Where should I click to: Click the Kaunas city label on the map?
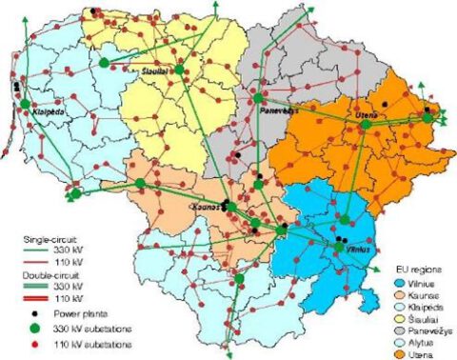coord(204,205)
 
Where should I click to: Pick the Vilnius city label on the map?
coord(358,249)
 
